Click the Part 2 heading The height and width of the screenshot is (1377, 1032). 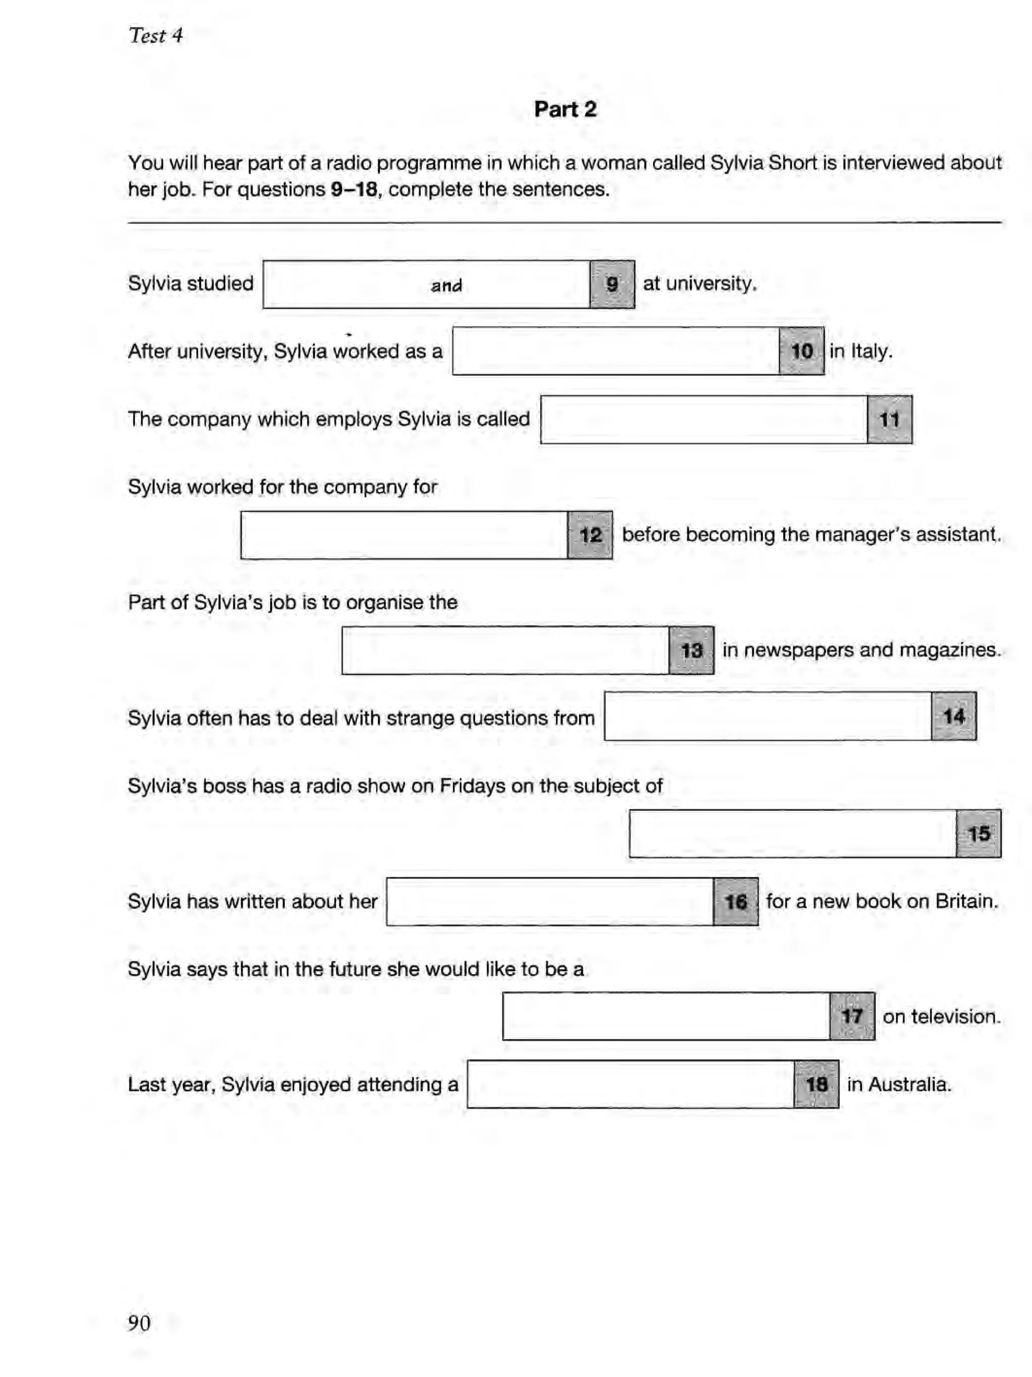pyautogui.click(x=565, y=110)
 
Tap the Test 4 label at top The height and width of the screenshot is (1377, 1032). pyautogui.click(x=155, y=35)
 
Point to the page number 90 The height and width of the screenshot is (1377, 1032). pyautogui.click(x=139, y=1322)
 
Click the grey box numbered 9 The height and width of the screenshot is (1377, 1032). pyautogui.click(x=612, y=285)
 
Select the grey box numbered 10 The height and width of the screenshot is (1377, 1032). pyautogui.click(x=801, y=351)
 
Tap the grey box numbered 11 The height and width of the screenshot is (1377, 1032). pyautogui.click(x=889, y=420)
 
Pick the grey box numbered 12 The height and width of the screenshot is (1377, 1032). pyautogui.click(x=590, y=535)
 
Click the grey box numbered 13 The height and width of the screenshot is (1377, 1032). pyautogui.click(x=691, y=651)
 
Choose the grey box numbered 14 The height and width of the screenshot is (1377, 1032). pyautogui.click(x=953, y=717)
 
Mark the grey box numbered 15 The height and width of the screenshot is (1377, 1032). pyautogui.click(x=978, y=834)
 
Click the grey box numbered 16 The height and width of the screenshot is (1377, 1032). pyautogui.click(x=735, y=902)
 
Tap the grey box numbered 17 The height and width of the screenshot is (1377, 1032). pyautogui.click(x=852, y=1016)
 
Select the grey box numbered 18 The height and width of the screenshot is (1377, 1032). pyautogui.click(x=816, y=1084)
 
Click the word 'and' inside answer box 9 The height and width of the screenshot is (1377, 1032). pyautogui.click(x=446, y=286)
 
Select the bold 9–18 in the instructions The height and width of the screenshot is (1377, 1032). pyautogui.click(x=354, y=189)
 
